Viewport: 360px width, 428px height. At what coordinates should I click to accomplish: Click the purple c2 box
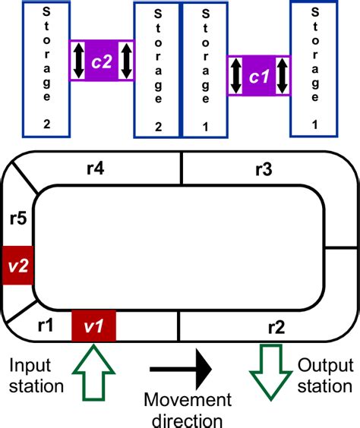(102, 61)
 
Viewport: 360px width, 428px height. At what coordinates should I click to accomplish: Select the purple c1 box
(260, 76)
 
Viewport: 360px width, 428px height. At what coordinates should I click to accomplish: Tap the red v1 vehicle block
(93, 327)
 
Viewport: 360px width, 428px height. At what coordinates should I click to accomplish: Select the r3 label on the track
(264, 171)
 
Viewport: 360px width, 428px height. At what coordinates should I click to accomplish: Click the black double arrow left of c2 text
(80, 61)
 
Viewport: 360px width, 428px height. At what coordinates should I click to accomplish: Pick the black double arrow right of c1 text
(283, 76)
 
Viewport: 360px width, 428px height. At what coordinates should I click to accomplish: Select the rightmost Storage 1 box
(314, 71)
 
